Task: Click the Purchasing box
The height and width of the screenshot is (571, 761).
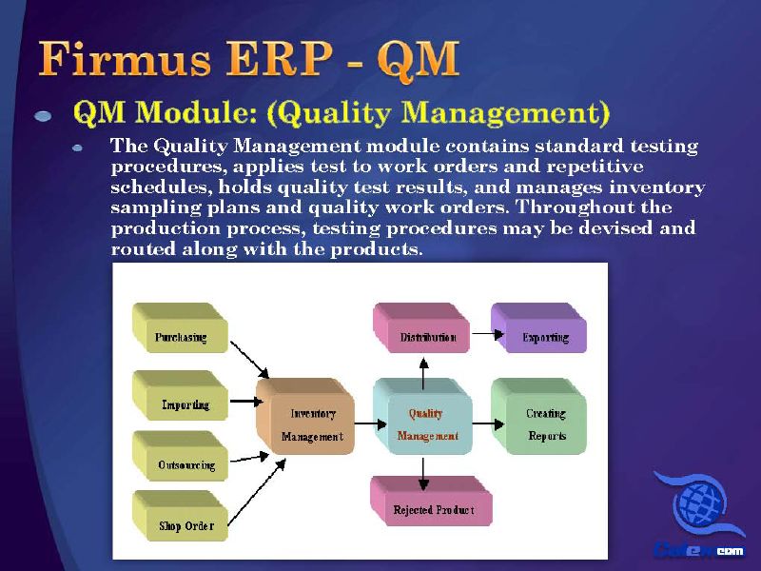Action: [180, 327]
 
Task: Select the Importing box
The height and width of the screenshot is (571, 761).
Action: [180, 395]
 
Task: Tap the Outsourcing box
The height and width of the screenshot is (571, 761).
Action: [180, 456]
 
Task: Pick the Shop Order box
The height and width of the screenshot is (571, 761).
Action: [180, 516]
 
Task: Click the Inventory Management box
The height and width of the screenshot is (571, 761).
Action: [305, 416]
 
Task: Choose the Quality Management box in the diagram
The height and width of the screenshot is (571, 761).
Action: [422, 416]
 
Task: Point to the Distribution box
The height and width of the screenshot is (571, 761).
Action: [421, 327]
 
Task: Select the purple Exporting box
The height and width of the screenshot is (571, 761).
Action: [539, 327]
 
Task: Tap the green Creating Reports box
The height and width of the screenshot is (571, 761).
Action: [539, 416]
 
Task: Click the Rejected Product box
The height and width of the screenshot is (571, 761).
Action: [432, 502]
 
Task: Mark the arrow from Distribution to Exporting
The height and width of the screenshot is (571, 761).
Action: [488, 334]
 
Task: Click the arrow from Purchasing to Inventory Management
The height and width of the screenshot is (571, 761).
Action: [249, 360]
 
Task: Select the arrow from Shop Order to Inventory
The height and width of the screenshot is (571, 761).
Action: [257, 492]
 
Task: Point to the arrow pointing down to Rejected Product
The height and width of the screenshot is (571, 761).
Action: [423, 474]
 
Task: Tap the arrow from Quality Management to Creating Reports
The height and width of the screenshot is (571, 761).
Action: [488, 423]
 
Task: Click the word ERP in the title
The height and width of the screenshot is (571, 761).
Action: [280, 58]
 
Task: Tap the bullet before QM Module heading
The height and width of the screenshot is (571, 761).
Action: [43, 115]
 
